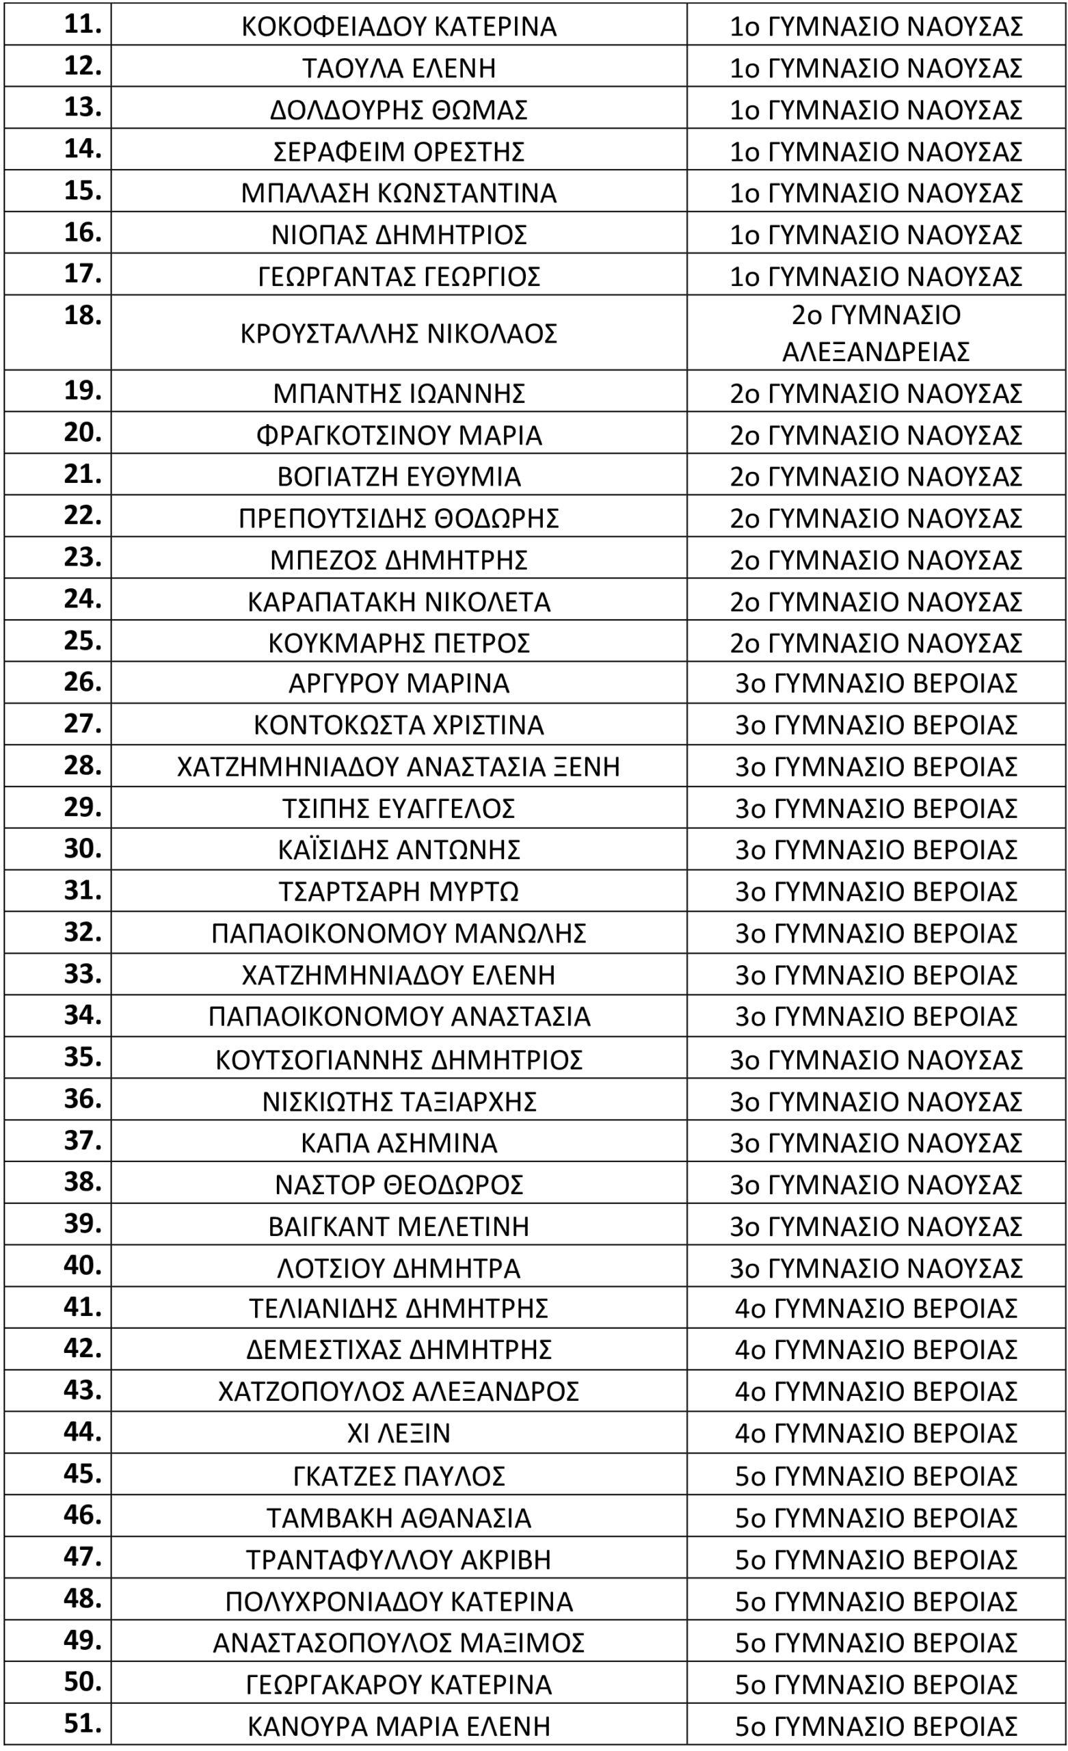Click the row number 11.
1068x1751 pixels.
click(83, 24)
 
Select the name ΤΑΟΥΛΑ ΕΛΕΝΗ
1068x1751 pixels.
click(399, 68)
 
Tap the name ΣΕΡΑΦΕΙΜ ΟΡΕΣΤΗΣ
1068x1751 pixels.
click(399, 151)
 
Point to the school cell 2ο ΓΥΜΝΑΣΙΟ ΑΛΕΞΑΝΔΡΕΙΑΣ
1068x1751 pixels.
click(875, 332)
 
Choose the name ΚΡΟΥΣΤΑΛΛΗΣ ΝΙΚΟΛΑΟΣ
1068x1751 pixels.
click(399, 332)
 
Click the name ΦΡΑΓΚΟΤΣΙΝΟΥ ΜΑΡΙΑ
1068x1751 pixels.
click(399, 435)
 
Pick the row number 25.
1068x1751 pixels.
click(83, 640)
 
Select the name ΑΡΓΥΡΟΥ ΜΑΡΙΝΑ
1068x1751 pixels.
click(399, 683)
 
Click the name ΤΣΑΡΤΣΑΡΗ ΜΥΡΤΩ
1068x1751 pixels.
click(399, 891)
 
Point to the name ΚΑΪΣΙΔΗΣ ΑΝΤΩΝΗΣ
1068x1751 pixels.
click(399, 850)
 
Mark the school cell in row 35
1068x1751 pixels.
click(875, 1059)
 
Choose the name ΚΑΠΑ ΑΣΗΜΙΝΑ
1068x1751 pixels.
click(399, 1143)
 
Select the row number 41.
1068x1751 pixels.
click(83, 1306)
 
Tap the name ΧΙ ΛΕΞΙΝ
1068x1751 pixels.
click(399, 1433)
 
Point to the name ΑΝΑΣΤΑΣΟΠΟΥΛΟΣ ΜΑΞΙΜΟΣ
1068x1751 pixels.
click(399, 1642)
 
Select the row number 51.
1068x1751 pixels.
click(83, 1723)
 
